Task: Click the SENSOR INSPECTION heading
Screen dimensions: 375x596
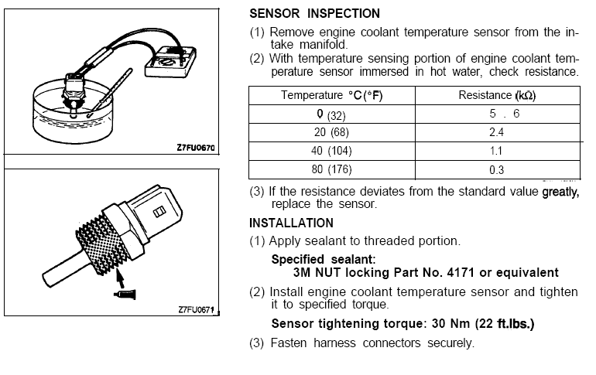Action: point(314,14)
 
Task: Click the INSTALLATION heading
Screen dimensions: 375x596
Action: point(291,223)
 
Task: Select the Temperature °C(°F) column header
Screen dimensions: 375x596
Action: point(331,96)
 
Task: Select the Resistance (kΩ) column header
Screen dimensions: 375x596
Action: point(498,96)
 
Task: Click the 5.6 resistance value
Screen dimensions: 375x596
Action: point(498,114)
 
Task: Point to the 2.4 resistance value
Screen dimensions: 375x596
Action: point(498,133)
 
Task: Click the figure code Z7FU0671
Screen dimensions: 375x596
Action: point(194,310)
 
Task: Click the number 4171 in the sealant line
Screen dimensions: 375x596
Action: point(446,273)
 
